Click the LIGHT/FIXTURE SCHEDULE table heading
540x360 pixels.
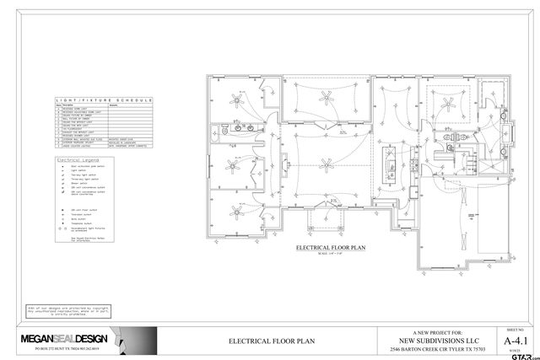pos(101,100)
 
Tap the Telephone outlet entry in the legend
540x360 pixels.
pos(79,222)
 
